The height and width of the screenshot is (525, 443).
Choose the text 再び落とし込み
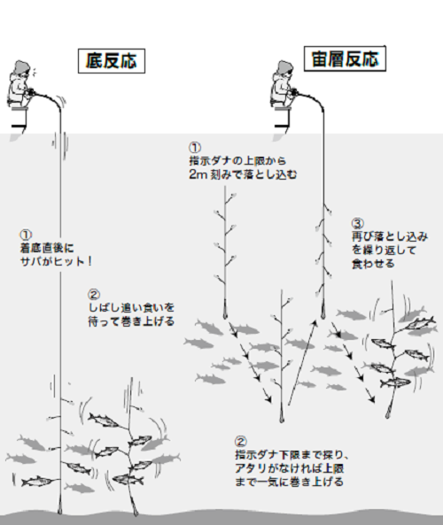coord(388,236)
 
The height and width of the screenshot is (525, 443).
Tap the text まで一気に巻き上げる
coord(284,483)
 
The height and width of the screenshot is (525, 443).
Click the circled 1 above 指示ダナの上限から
coord(195,147)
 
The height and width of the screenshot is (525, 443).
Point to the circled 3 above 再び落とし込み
coord(357,222)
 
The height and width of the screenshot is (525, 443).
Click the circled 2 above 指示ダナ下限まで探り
coord(241,440)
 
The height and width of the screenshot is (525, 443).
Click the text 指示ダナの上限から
coord(237,162)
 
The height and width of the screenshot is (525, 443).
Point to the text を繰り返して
coord(382,251)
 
